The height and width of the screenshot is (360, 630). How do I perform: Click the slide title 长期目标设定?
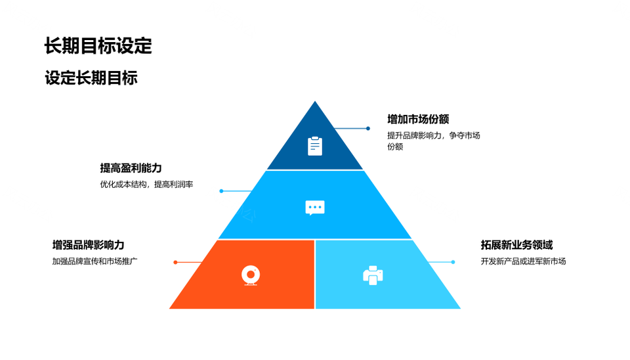tap(98, 46)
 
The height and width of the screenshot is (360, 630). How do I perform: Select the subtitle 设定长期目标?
tap(91, 78)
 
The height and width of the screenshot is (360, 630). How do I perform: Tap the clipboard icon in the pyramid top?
tap(315, 146)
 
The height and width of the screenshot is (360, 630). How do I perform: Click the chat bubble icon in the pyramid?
tap(315, 208)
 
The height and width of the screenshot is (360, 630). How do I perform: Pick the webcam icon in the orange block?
tap(250, 275)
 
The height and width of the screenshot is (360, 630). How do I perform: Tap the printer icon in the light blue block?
tap(373, 275)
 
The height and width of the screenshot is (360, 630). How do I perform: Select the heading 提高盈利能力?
tap(131, 168)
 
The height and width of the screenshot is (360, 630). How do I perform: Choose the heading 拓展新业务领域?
tap(516, 245)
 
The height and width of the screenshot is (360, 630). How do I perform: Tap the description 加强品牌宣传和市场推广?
tap(95, 261)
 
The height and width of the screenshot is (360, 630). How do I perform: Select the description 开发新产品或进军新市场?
tap(523, 261)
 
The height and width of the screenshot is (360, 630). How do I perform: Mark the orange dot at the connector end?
tap(175, 262)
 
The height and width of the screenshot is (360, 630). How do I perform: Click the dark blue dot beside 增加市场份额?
tap(368, 128)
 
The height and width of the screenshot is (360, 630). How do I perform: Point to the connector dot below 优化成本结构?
tap(221, 191)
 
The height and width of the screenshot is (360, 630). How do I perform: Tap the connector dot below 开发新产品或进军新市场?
tap(453, 262)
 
